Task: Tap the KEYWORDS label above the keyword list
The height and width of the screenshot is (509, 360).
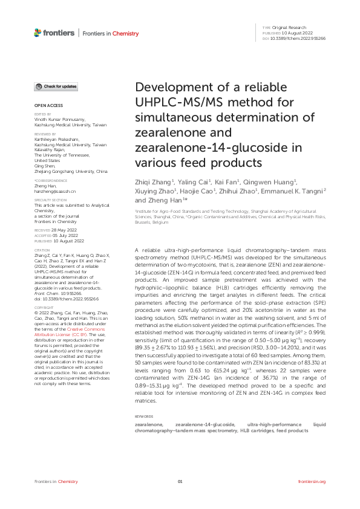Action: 143,417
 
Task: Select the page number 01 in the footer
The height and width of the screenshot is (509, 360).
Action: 180,481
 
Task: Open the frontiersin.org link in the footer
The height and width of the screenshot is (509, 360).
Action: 312,481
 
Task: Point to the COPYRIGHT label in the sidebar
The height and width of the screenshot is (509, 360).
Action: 43,306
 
